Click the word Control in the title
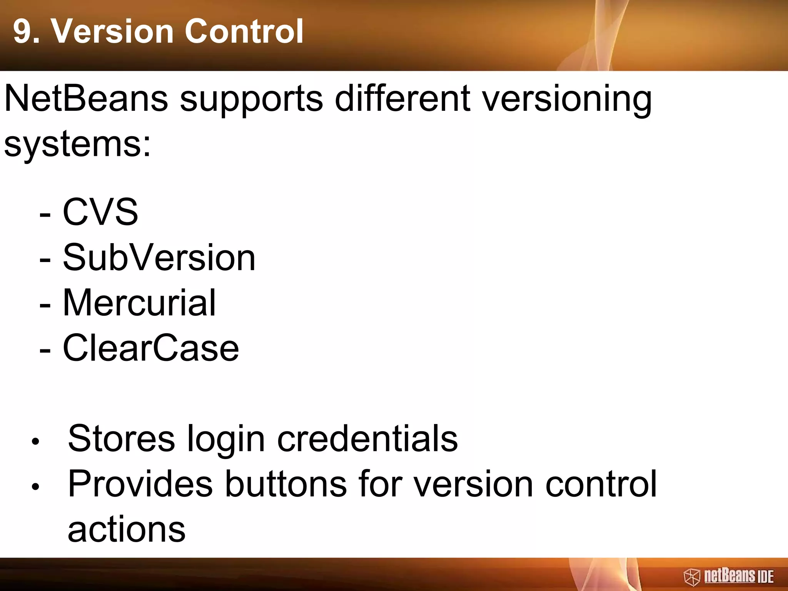244,32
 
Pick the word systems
77,145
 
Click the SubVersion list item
159,257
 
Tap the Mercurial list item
139,303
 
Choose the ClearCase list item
150,348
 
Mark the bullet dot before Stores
35,442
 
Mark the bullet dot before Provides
35,487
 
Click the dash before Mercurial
45,305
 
